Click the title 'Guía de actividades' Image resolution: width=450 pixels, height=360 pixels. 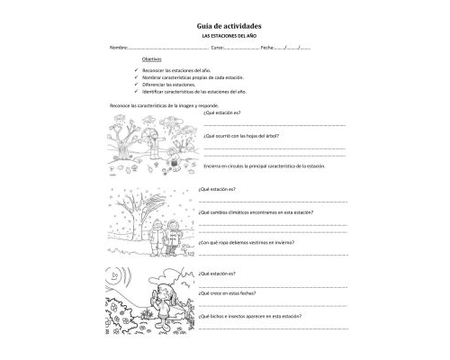[225, 27]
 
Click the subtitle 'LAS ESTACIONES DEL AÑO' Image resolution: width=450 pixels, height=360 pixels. [225, 36]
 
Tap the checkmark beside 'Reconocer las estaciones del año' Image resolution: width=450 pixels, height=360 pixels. [135, 69]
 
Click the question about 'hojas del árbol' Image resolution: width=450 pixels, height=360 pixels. [241, 137]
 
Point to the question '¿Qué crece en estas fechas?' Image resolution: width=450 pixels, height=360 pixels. [234, 292]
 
